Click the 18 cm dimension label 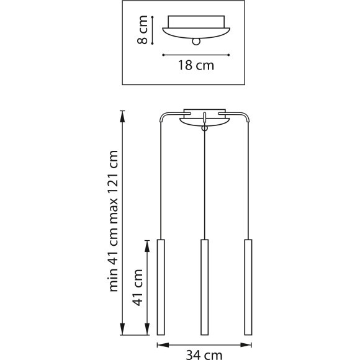[196, 66]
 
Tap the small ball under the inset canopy [197, 42]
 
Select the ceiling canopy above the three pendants [204, 119]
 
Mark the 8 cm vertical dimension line [153, 30]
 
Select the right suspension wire [249, 180]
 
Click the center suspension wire [204, 186]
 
